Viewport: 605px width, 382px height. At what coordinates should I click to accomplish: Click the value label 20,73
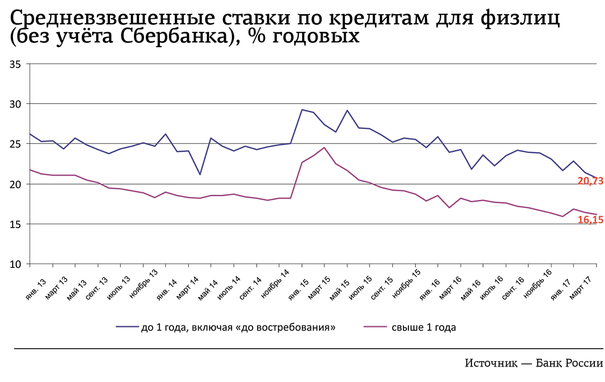click(x=590, y=181)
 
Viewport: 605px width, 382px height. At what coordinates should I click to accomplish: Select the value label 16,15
click(x=590, y=221)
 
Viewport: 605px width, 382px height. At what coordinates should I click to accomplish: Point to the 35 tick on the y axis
click(x=15, y=64)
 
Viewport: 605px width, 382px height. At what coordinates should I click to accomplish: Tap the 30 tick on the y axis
click(x=15, y=104)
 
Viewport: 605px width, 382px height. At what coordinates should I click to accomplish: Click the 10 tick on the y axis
click(x=15, y=264)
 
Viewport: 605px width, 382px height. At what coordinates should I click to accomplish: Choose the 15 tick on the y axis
click(x=15, y=224)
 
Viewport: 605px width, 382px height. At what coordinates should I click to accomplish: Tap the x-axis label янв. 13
click(x=36, y=288)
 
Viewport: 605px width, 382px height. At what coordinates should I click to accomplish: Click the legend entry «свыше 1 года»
click(x=423, y=328)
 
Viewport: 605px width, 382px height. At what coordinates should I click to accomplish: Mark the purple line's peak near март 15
click(x=325, y=147)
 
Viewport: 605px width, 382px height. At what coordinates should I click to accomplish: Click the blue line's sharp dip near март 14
click(x=200, y=175)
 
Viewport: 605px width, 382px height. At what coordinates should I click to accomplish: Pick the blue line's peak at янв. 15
click(x=302, y=110)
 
